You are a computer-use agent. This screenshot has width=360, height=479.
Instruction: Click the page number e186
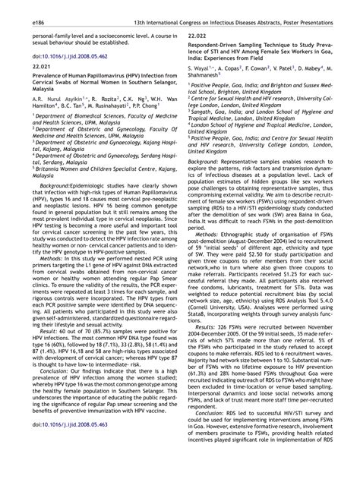pos(14,8)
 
